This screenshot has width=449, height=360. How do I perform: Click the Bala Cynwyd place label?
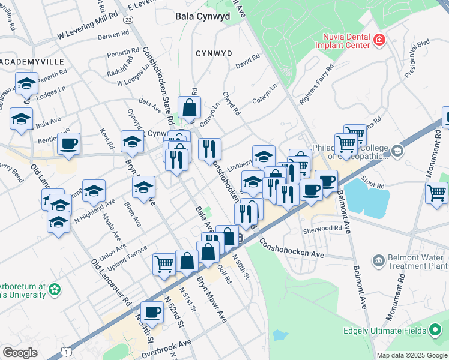(x=202, y=17)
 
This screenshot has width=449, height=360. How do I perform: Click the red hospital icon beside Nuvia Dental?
(x=379, y=40)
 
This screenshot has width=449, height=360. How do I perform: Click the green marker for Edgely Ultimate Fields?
(x=436, y=331)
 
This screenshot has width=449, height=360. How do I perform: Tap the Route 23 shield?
(x=128, y=19)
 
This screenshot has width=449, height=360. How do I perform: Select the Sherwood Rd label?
(x=322, y=229)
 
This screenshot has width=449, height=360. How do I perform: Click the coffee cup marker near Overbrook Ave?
(x=152, y=311)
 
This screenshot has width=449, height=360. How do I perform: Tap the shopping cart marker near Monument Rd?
(x=436, y=193)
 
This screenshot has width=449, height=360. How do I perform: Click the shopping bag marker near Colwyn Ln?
(x=189, y=108)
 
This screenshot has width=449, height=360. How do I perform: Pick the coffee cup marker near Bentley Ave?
(x=68, y=144)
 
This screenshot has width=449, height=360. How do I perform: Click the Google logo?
(x=20, y=353)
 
